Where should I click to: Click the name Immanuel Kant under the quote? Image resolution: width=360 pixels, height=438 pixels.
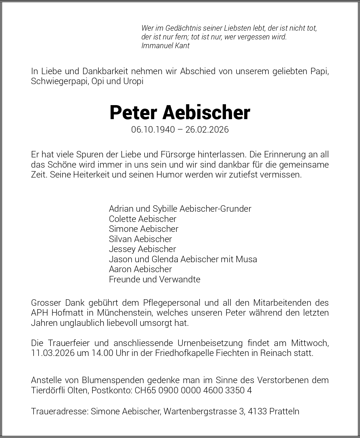pyautogui.click(x=165, y=46)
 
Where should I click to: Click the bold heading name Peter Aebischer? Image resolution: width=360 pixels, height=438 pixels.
pyautogui.click(x=180, y=113)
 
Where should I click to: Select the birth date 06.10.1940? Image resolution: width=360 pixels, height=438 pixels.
pyautogui.click(x=153, y=130)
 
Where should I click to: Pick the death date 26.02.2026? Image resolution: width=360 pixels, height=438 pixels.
pyautogui.click(x=207, y=130)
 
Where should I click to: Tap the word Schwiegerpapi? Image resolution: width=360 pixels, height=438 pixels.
pyautogui.click(x=60, y=81)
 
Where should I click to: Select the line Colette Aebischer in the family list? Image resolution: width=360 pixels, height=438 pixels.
pyautogui.click(x=142, y=219)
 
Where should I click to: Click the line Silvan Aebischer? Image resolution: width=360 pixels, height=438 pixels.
pyautogui.click(x=140, y=239)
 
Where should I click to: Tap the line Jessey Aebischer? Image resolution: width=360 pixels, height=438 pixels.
pyautogui.click(x=142, y=249)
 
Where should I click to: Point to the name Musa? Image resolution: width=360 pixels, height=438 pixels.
pyautogui.click(x=246, y=259)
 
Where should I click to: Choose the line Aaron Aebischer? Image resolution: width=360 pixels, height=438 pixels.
pyautogui.click(x=140, y=269)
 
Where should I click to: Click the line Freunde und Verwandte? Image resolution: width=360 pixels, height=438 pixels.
pyautogui.click(x=154, y=279)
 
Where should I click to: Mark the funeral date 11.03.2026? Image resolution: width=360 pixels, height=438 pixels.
pyautogui.click(x=53, y=353)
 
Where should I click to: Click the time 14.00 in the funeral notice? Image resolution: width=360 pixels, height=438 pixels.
pyautogui.click(x=102, y=353)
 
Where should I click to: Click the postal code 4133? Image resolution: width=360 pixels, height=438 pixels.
pyautogui.click(x=258, y=411)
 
